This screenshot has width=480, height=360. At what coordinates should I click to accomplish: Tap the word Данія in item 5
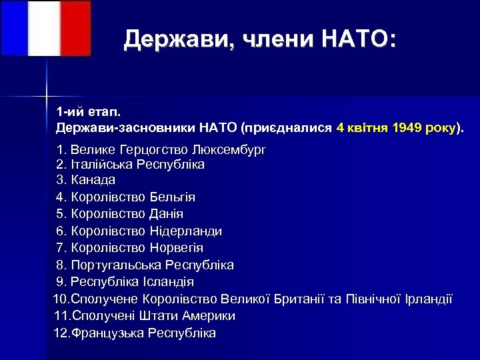coord(166,214)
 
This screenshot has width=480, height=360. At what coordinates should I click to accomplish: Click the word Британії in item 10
coord(299,298)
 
